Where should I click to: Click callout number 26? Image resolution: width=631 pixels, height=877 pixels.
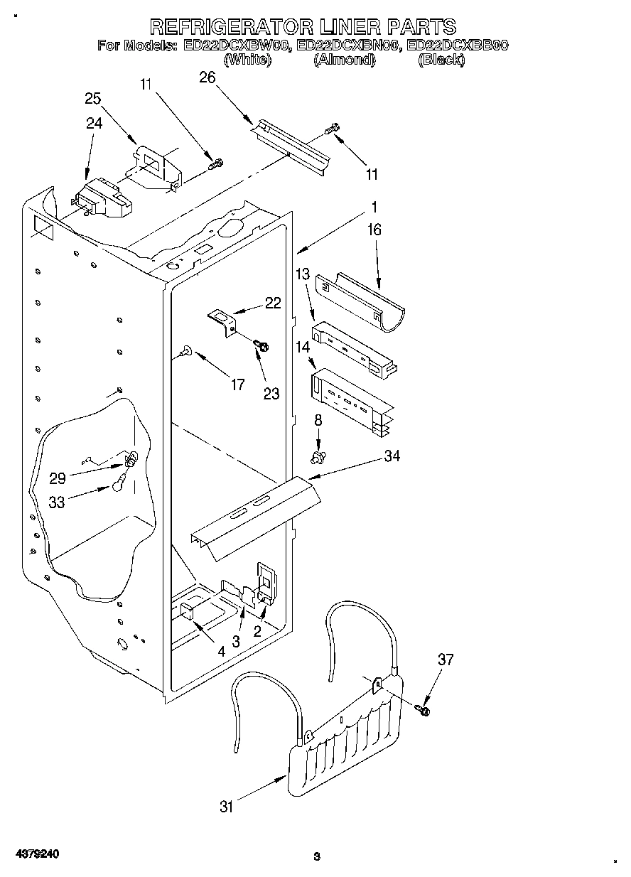207,77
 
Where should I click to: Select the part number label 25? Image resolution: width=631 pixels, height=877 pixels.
93,99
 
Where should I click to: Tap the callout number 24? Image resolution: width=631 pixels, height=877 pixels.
94,123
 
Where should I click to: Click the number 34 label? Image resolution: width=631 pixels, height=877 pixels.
392,456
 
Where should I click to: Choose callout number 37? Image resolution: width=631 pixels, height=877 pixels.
445,660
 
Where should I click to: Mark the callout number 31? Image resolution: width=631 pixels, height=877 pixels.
227,806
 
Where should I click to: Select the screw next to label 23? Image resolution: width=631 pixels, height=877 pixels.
261,345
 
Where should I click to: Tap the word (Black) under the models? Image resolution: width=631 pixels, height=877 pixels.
441,60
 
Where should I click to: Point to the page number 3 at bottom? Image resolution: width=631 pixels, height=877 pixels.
317,856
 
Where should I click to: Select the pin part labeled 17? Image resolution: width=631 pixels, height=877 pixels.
186,350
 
